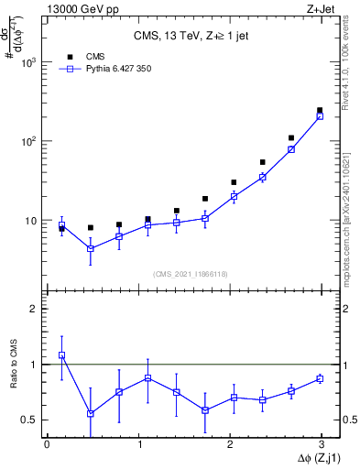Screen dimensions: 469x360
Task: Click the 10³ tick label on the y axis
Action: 28,62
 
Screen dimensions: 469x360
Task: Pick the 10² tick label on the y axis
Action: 28,141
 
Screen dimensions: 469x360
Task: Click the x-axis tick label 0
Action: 47,445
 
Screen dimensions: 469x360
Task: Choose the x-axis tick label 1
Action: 139,445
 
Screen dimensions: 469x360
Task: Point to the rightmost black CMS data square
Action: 320,110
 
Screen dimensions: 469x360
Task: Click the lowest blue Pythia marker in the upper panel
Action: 91,248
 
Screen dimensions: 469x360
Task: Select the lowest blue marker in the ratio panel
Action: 91,413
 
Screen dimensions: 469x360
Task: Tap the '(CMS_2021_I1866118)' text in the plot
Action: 191,274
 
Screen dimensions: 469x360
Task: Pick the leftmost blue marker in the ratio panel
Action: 61,355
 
